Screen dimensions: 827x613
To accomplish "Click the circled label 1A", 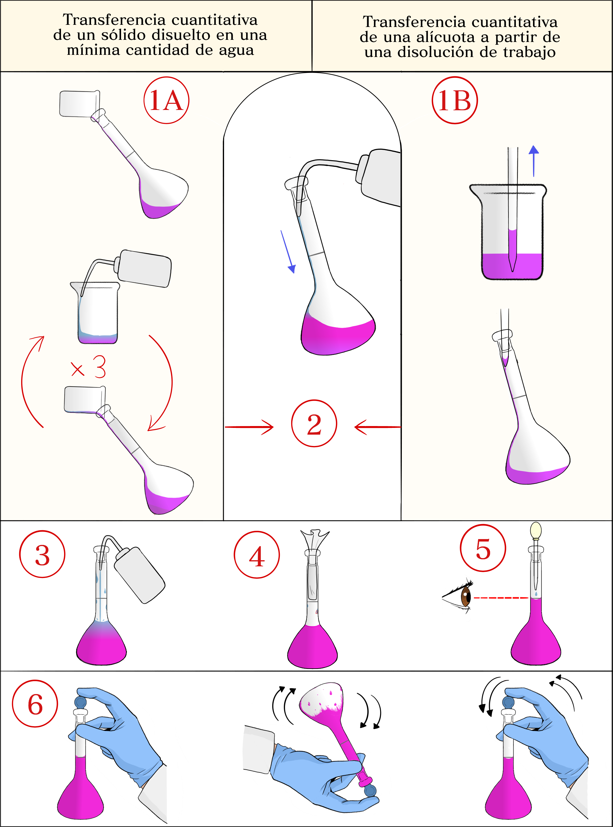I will coord(166,100).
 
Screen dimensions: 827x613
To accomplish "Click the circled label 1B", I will coord(454,100).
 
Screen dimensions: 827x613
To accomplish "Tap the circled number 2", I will coord(314,424).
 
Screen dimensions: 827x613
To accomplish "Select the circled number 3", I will coord(42,554).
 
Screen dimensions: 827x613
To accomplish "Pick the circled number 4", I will coord(257,555).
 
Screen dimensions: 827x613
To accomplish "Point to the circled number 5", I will coord(483,549).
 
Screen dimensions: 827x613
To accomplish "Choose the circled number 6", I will coord(35,704).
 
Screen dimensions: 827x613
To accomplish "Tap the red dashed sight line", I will coord(501,598).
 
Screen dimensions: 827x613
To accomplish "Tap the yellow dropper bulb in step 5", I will coord(536,530).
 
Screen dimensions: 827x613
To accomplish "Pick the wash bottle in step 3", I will coord(139,575).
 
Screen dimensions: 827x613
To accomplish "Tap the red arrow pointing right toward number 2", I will coord(249,427).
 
